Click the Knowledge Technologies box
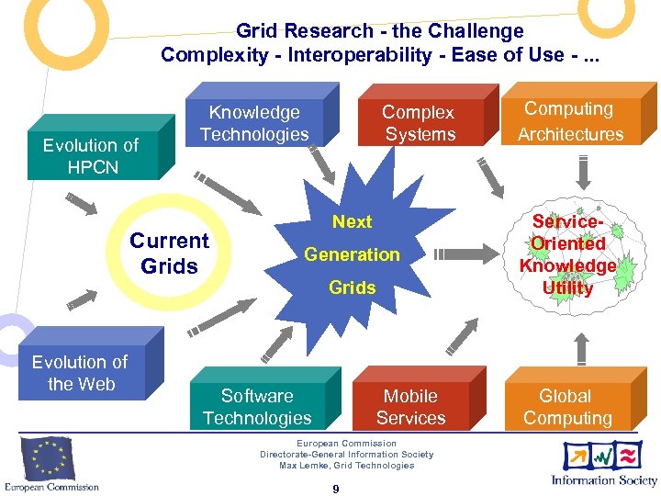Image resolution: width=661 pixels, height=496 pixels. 254,123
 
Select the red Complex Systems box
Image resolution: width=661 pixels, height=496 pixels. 419,123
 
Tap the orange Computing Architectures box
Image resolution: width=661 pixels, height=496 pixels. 570,121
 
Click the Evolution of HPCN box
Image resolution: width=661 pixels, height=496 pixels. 91,155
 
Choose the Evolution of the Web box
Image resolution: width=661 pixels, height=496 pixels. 81,373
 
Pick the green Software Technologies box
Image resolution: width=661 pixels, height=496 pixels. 257,407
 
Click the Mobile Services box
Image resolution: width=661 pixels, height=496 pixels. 410,407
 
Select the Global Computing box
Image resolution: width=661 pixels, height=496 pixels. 567,407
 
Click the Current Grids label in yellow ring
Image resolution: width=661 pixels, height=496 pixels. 169,254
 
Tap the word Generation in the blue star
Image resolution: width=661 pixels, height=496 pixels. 353,254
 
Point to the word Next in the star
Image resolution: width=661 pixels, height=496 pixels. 353,221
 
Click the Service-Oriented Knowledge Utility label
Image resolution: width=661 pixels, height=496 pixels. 567,254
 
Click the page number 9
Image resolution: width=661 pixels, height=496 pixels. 335,489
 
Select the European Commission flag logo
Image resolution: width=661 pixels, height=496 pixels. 49,458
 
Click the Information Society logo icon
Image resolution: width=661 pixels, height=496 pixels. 602,456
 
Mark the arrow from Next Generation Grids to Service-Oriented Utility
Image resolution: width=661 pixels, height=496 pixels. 464,254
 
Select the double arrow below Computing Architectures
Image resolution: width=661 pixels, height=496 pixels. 580,173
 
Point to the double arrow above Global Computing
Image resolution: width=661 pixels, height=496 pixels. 580,345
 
